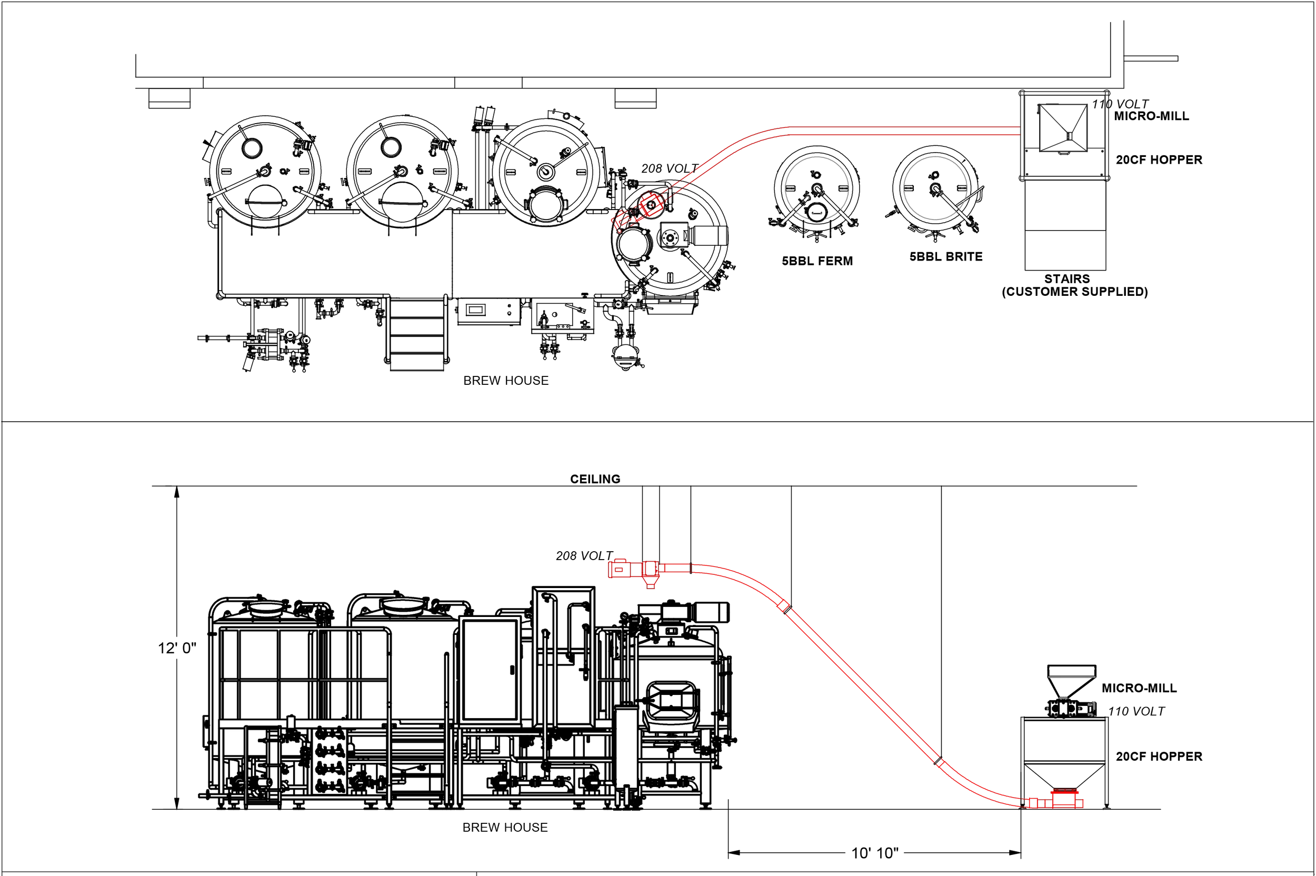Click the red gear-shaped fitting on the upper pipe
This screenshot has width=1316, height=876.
click(x=650, y=205)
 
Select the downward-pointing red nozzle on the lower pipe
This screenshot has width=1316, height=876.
click(x=651, y=582)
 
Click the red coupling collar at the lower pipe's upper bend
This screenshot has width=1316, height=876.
click(x=784, y=605)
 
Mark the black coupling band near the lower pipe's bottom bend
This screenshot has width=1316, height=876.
click(x=940, y=761)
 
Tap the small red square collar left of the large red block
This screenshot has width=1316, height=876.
click(x=1033, y=803)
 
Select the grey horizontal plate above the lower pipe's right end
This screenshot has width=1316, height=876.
click(x=1072, y=677)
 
